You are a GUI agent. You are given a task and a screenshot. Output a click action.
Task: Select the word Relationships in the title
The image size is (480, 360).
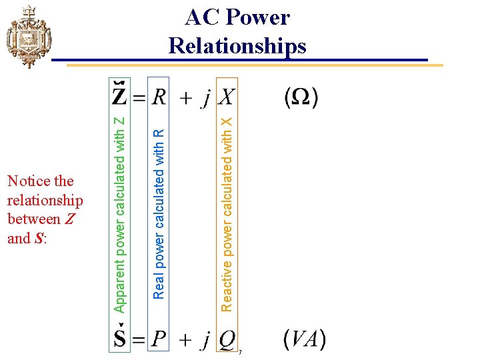237,45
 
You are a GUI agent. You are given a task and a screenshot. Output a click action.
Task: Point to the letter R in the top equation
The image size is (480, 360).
159,97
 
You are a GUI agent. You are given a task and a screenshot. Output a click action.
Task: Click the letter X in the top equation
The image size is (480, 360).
227,97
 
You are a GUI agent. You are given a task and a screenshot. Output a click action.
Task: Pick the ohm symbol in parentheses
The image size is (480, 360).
301,97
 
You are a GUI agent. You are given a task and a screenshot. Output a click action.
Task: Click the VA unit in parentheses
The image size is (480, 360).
304,339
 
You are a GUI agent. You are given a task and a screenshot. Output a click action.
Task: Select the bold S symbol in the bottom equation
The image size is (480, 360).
121,339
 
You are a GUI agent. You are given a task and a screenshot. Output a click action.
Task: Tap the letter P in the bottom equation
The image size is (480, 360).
159,340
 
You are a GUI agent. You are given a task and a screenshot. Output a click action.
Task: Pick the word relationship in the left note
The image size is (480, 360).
45,200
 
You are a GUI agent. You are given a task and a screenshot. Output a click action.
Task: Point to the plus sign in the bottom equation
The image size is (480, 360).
187,341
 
